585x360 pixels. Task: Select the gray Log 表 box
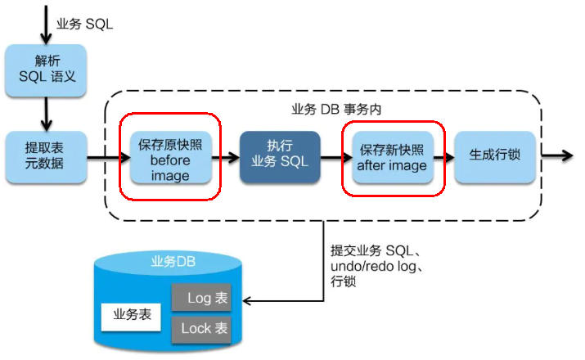201,299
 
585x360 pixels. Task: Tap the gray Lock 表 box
201,329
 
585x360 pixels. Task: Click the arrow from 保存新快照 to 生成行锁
444,155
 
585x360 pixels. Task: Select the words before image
170,169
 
